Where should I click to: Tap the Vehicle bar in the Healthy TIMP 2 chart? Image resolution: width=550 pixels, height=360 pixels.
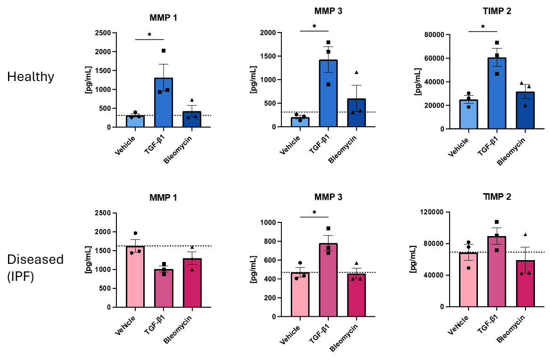468,115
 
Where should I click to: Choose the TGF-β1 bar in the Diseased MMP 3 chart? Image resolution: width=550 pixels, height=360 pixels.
328,280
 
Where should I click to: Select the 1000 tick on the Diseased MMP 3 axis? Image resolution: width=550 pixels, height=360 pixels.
270,222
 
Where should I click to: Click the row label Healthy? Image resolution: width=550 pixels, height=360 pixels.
31,77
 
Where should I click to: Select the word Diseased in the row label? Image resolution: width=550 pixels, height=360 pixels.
35,260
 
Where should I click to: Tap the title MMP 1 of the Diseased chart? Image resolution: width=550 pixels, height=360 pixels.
163,198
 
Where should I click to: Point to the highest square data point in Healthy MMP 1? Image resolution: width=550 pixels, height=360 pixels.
164,51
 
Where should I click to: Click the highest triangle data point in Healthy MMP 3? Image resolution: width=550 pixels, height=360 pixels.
356,72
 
